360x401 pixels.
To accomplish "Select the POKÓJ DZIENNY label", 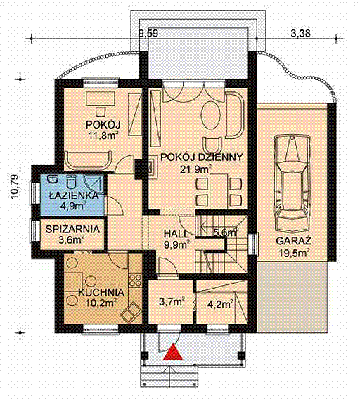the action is [x=201, y=157].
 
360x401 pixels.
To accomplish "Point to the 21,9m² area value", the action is [x=196, y=169].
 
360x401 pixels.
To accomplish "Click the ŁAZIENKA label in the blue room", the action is [x=74, y=196].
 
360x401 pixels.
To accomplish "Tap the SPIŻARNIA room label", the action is [x=72, y=229].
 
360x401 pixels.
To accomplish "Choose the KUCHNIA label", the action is [x=101, y=292].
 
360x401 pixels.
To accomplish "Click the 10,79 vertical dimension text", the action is [x=14, y=186].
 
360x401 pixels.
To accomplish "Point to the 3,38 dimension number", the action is [x=301, y=33].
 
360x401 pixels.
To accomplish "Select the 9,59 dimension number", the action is [x=148, y=33].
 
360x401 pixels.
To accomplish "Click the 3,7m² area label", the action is [x=172, y=302].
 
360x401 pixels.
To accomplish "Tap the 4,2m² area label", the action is [x=221, y=304].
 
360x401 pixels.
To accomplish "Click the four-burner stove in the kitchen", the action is [x=135, y=280].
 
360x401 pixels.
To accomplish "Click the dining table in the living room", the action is [x=219, y=191].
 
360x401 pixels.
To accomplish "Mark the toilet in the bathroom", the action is [x=71, y=182].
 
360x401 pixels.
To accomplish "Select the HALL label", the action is [x=176, y=234].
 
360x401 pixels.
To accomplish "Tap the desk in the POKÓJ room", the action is [x=101, y=99].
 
